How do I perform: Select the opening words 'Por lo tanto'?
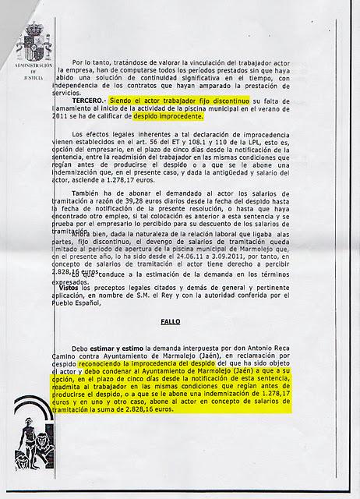96,61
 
